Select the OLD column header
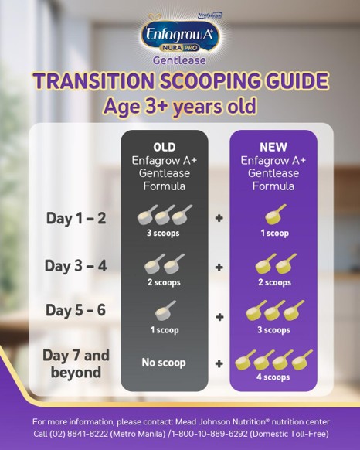pyautogui.click(x=164, y=147)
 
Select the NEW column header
pyautogui.click(x=273, y=147)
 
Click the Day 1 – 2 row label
pyautogui.click(x=75, y=218)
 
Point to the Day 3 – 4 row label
pyautogui.click(x=75, y=265)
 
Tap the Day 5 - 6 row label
pyautogui.click(x=75, y=311)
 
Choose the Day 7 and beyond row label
pyautogui.click(x=76, y=363)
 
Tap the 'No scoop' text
pyautogui.click(x=164, y=362)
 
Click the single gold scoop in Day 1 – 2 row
pyautogui.click(x=274, y=215)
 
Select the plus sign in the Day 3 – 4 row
pyautogui.click(x=219, y=267)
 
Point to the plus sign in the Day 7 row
pyautogui.click(x=219, y=362)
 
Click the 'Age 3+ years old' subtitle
pyautogui.click(x=180, y=106)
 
